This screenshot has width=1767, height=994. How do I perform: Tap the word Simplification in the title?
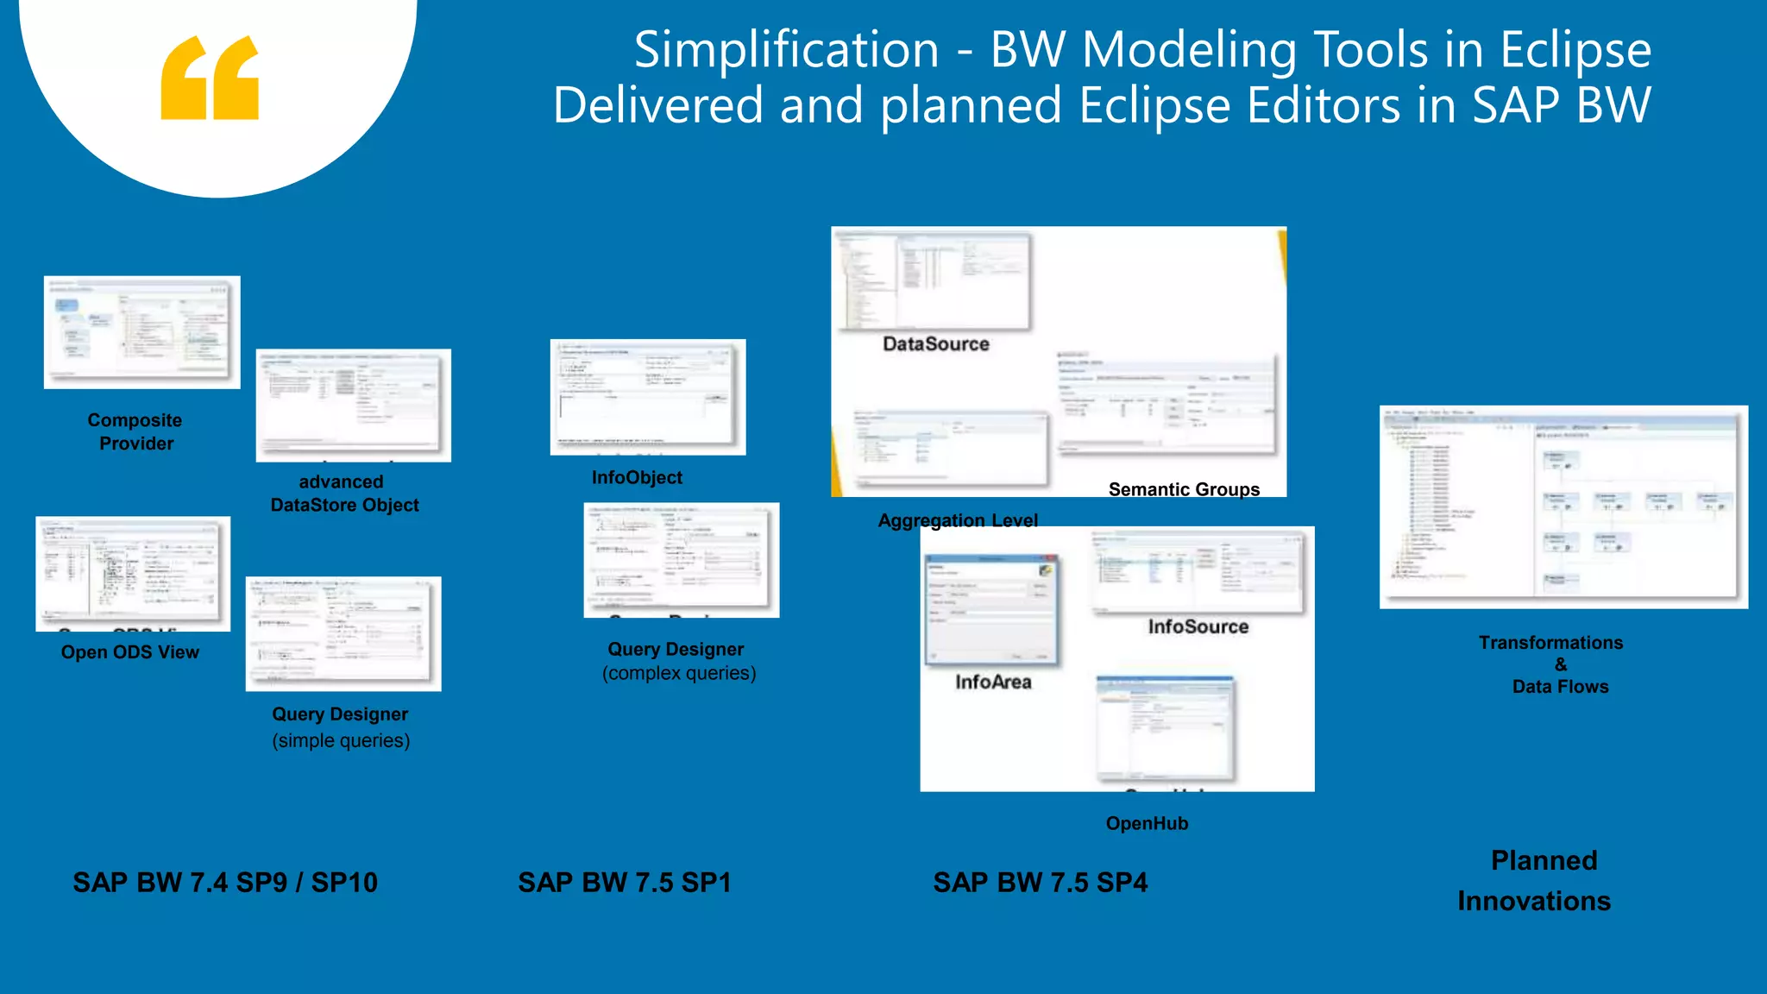[x=786, y=50]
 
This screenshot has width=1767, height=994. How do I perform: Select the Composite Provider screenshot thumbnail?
[x=142, y=332]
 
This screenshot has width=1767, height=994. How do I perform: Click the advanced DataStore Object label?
[x=344, y=494]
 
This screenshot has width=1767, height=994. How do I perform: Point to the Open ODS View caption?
[x=130, y=652]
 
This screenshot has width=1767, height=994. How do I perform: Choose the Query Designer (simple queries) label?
[x=341, y=727]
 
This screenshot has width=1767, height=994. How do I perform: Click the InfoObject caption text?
[x=637, y=478]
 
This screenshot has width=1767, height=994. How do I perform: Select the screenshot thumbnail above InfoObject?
[x=648, y=397]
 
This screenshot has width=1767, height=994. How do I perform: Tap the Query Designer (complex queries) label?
[x=678, y=661]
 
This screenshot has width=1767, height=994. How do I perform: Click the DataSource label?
[x=936, y=344]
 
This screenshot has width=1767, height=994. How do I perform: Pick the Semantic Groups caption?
[x=1184, y=490]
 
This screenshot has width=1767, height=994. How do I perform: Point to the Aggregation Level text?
[x=958, y=520]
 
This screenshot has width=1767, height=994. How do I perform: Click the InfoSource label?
[x=1198, y=627]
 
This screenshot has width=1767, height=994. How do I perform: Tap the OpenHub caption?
[x=1147, y=823]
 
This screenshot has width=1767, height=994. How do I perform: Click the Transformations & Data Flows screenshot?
[x=1563, y=507]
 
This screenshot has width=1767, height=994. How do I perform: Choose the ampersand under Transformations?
[x=1561, y=664]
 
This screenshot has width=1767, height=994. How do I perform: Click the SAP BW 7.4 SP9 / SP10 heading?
[x=225, y=883]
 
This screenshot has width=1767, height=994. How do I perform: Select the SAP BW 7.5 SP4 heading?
[x=1041, y=883]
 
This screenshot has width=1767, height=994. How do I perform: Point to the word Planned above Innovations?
[x=1544, y=860]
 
